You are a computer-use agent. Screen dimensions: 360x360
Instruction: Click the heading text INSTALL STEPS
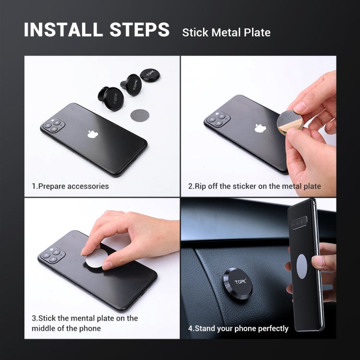pos(96,30)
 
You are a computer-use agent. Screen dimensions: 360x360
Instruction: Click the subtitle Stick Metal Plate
pos(226,33)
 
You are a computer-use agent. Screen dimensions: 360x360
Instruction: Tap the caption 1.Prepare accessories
pos(71,186)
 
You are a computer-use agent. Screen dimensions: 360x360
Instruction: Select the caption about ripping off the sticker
pos(254,186)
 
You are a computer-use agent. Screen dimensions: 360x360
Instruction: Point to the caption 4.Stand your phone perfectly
pos(238,328)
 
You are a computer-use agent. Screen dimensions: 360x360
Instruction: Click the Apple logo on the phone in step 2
pos(260,128)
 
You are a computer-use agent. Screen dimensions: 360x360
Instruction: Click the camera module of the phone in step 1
pos(54,126)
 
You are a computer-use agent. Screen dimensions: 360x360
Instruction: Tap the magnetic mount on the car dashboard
pos(238,284)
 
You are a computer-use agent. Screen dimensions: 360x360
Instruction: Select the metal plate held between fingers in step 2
pos(290,120)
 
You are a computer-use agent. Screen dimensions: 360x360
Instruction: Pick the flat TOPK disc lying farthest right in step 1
pos(150,75)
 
